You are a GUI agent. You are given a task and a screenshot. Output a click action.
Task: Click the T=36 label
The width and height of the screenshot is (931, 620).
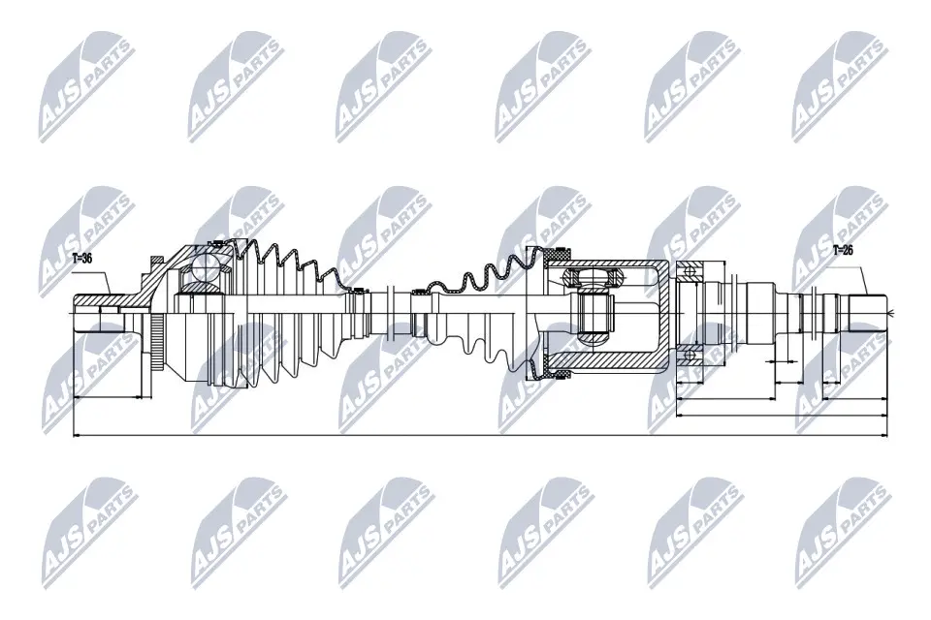coord(82,259)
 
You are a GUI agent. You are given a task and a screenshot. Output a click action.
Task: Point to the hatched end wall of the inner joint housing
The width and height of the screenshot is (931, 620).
coord(664,311)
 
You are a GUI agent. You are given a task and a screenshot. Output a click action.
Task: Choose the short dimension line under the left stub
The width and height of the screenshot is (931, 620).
coord(108,397)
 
